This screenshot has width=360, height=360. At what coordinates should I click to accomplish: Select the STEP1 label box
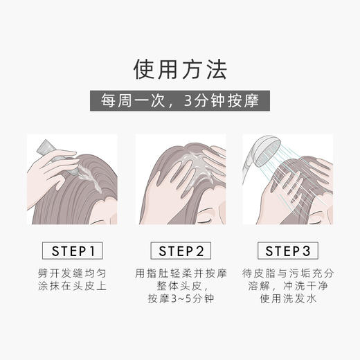pyautogui.click(x=72, y=249)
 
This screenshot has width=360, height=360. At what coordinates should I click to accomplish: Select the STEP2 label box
pyautogui.click(x=180, y=249)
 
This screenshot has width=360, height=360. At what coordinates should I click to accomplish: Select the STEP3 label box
pyautogui.click(x=287, y=249)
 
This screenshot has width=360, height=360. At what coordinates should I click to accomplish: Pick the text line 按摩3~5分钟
pyautogui.click(x=180, y=303)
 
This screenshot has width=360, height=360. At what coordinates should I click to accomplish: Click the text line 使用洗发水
pyautogui.click(x=287, y=303)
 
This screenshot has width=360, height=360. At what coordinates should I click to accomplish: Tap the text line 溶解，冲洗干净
pyautogui.click(x=287, y=288)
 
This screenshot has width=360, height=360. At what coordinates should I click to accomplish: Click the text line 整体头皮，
pyautogui.click(x=180, y=288)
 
